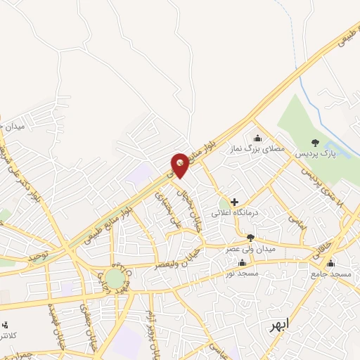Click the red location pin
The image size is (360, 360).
(x=181, y=164)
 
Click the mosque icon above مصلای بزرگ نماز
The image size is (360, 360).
(x=257, y=138)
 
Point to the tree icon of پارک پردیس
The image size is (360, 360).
(x=314, y=143)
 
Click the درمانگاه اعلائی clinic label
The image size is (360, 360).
(x=236, y=212)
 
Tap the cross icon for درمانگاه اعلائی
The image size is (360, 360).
(x=235, y=202)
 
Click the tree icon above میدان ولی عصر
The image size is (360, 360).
(x=251, y=238)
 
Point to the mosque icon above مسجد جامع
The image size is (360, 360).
(x=323, y=262)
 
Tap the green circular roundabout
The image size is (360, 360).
(x=115, y=278)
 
